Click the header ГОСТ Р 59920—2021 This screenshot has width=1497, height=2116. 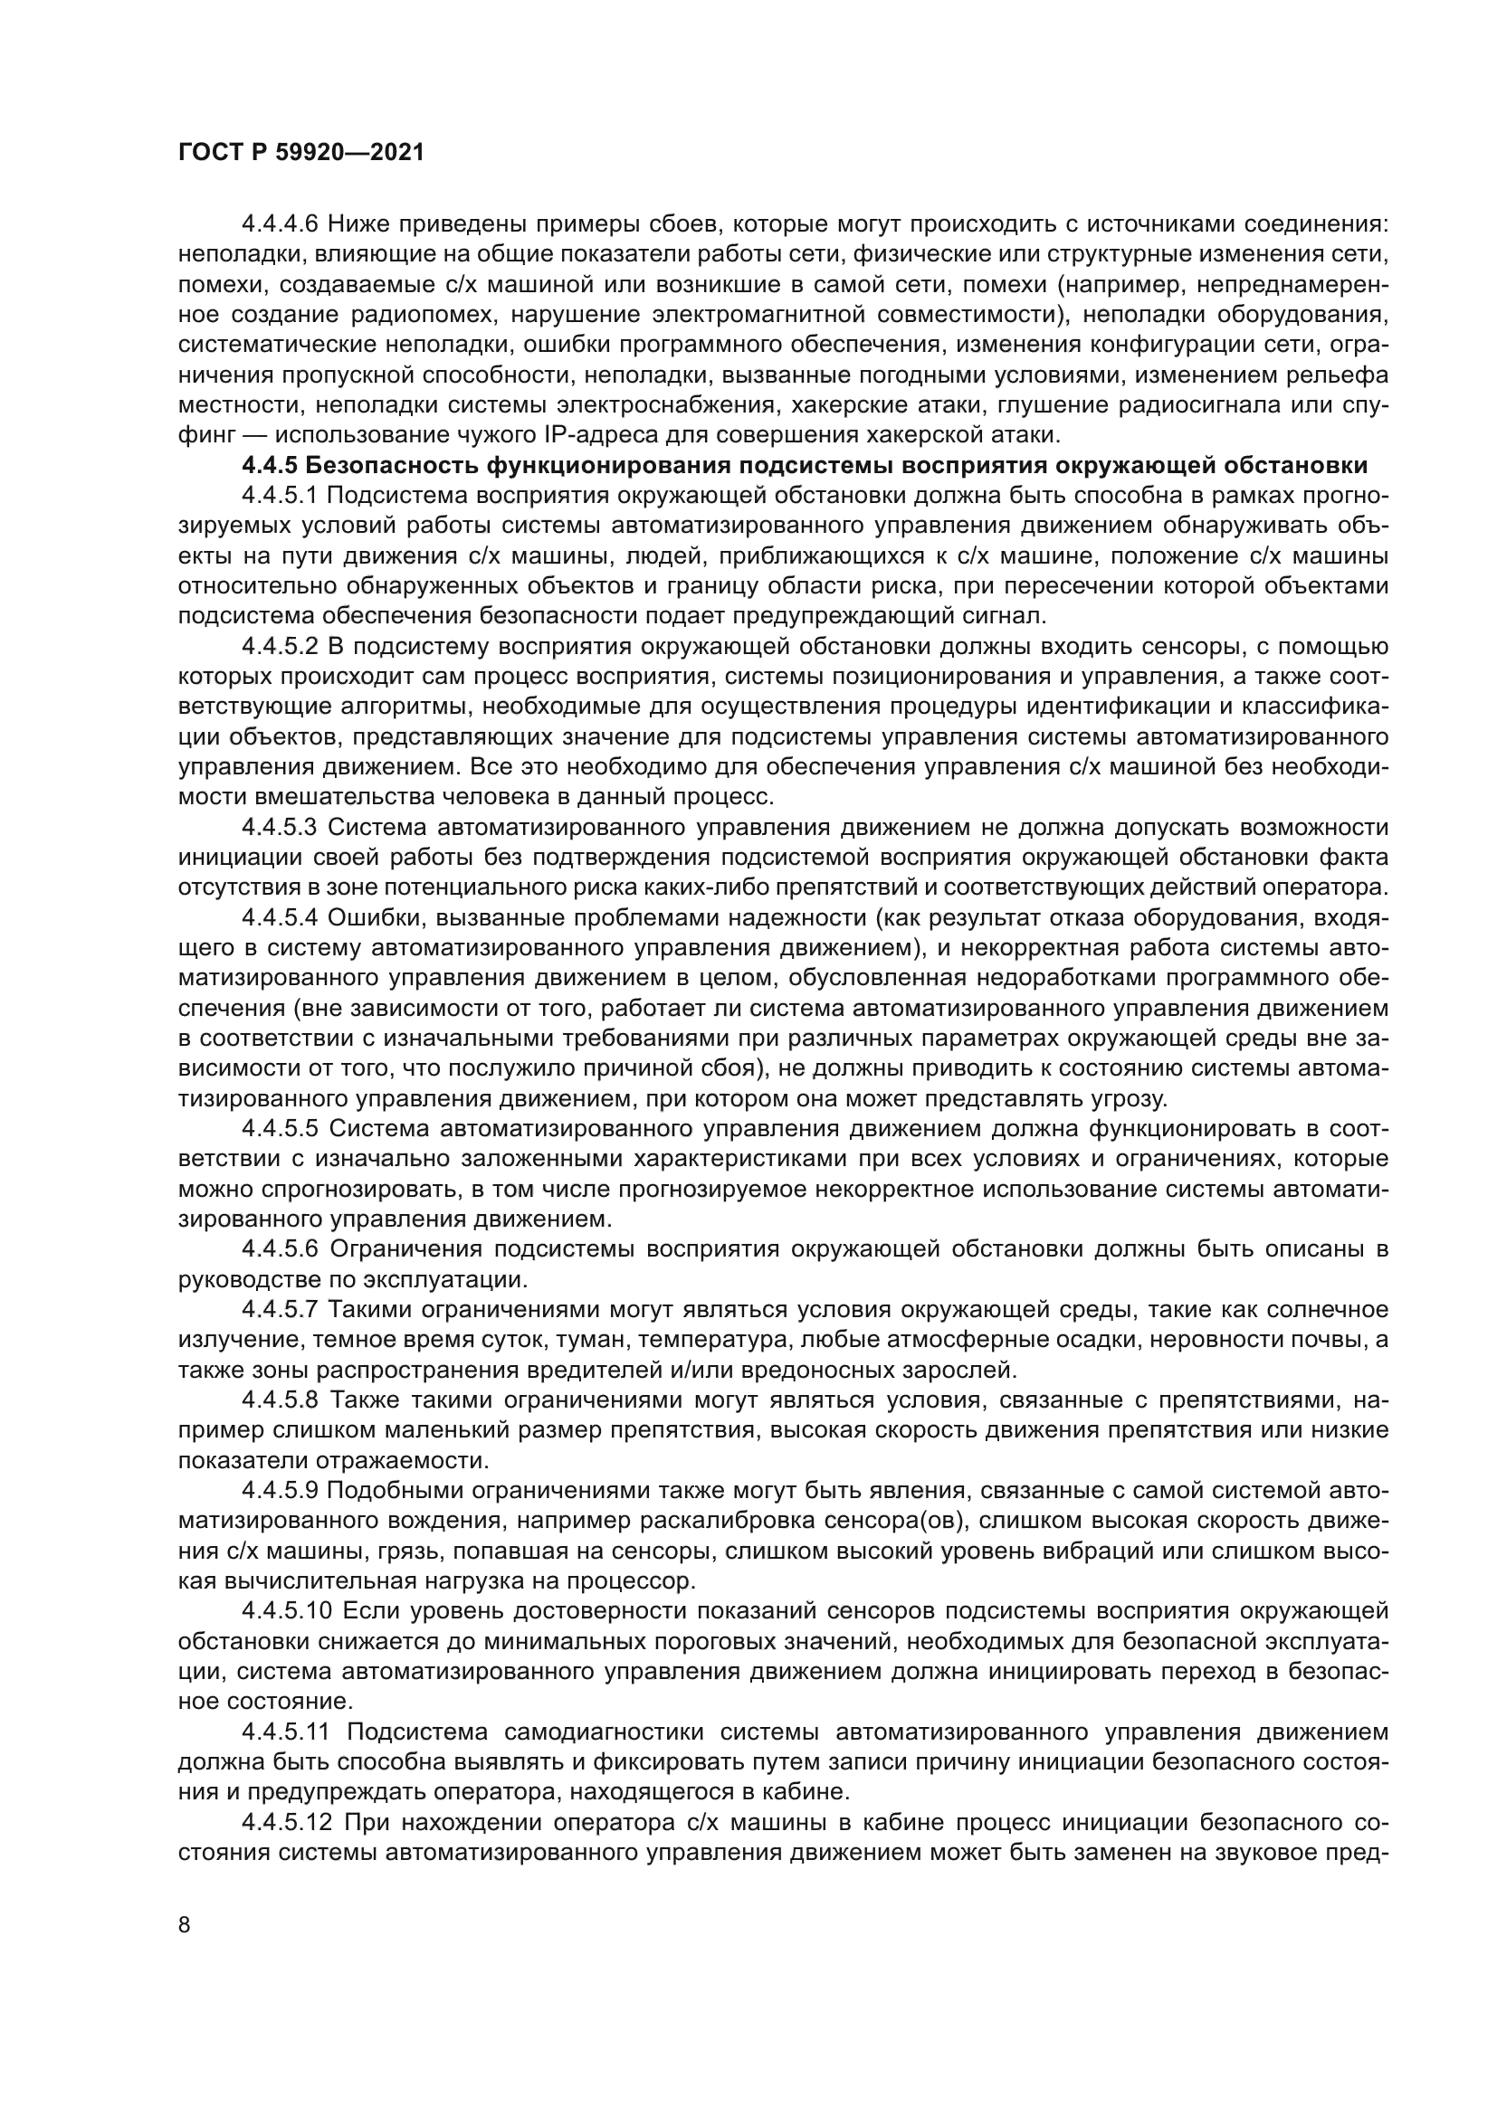point(300,153)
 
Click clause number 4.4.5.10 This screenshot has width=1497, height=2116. point(286,1611)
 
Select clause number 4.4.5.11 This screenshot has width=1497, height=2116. point(286,1732)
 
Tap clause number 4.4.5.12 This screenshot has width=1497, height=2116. point(286,1822)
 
